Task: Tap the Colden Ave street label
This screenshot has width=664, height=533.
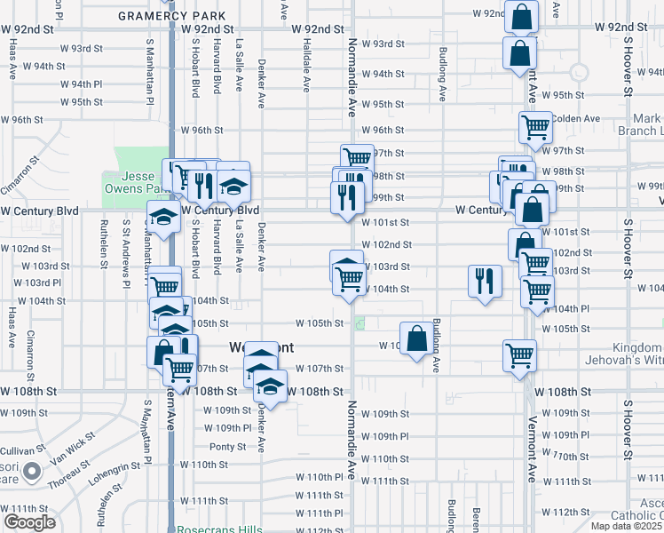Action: tap(576, 118)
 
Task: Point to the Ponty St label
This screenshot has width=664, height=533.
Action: tap(228, 447)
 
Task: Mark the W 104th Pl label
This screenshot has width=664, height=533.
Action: tap(571, 308)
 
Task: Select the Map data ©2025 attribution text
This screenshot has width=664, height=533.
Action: tap(625, 527)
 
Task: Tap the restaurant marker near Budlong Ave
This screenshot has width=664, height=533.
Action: tap(485, 282)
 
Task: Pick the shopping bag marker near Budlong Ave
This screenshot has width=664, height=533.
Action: tap(417, 338)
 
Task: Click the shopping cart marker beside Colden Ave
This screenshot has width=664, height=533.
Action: tap(535, 128)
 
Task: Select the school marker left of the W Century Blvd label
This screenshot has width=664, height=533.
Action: tap(162, 217)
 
